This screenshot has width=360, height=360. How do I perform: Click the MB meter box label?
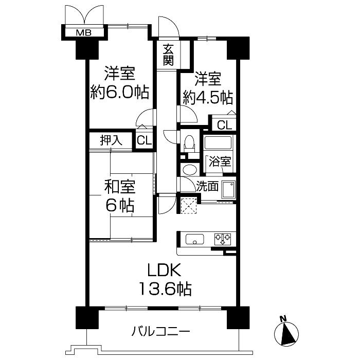[x=84, y=33]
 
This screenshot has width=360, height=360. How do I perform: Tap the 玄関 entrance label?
[x=168, y=56]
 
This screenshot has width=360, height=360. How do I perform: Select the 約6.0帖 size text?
[x=119, y=93]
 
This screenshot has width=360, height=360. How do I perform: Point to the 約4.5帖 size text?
[x=208, y=97]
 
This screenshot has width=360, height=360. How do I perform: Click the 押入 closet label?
[x=111, y=140]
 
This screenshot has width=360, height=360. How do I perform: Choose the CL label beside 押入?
[x=144, y=141]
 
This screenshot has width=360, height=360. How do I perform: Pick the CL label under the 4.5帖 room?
[x=224, y=124]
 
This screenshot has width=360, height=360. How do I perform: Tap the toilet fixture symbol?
[x=189, y=143]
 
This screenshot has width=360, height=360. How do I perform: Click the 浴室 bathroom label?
[x=220, y=161]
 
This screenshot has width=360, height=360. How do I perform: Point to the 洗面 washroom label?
[x=208, y=186]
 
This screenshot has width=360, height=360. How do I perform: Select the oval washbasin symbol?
[x=189, y=170]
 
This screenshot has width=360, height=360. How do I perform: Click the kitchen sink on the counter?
[x=194, y=239]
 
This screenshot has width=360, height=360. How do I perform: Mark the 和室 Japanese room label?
[x=120, y=186]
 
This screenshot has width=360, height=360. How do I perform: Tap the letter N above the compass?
[x=282, y=319]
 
